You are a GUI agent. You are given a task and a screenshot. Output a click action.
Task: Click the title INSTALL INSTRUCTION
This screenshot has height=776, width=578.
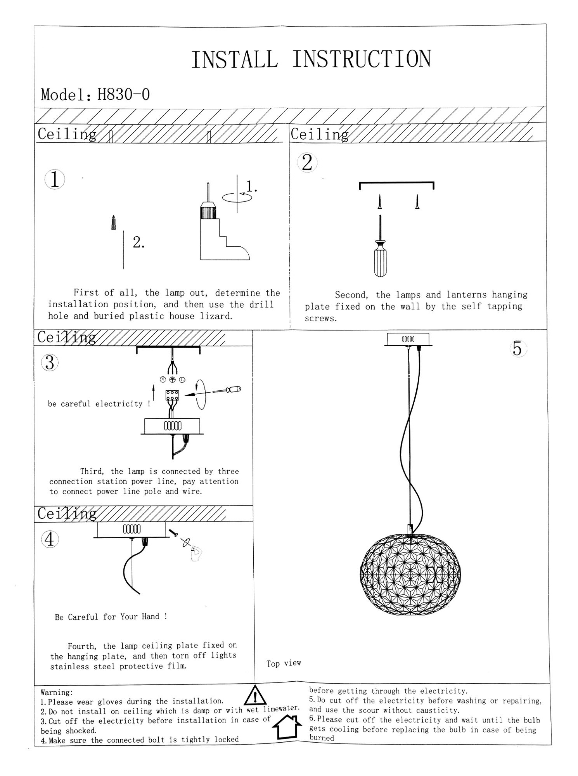[311, 59]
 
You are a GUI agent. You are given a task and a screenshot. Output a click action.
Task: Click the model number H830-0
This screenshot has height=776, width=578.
[123, 94]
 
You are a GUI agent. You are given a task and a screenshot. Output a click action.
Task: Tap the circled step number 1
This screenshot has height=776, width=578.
[54, 180]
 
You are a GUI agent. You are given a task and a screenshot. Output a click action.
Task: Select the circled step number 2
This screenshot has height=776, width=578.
[307, 162]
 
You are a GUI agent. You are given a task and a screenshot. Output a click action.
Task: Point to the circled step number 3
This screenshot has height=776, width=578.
[50, 363]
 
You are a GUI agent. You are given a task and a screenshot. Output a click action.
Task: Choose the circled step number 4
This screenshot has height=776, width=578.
[50, 539]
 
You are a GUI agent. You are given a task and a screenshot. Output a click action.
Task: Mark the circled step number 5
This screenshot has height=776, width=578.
[517, 349]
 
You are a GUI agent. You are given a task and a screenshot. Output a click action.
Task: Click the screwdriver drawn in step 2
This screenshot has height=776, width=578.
[380, 248]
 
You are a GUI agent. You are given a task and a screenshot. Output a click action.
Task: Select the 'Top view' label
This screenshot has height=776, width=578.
[284, 663]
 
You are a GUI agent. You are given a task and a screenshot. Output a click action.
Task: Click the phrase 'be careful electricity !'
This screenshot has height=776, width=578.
[99, 404]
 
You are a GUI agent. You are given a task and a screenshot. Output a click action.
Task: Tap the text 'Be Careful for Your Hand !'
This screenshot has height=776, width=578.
[111, 617]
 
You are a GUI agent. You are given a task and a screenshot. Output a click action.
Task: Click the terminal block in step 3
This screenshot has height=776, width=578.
[172, 395]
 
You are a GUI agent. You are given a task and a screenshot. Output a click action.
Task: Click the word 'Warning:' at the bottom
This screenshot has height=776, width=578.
[57, 693]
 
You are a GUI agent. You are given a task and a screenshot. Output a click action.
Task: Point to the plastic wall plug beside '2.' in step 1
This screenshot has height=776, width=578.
[113, 223]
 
